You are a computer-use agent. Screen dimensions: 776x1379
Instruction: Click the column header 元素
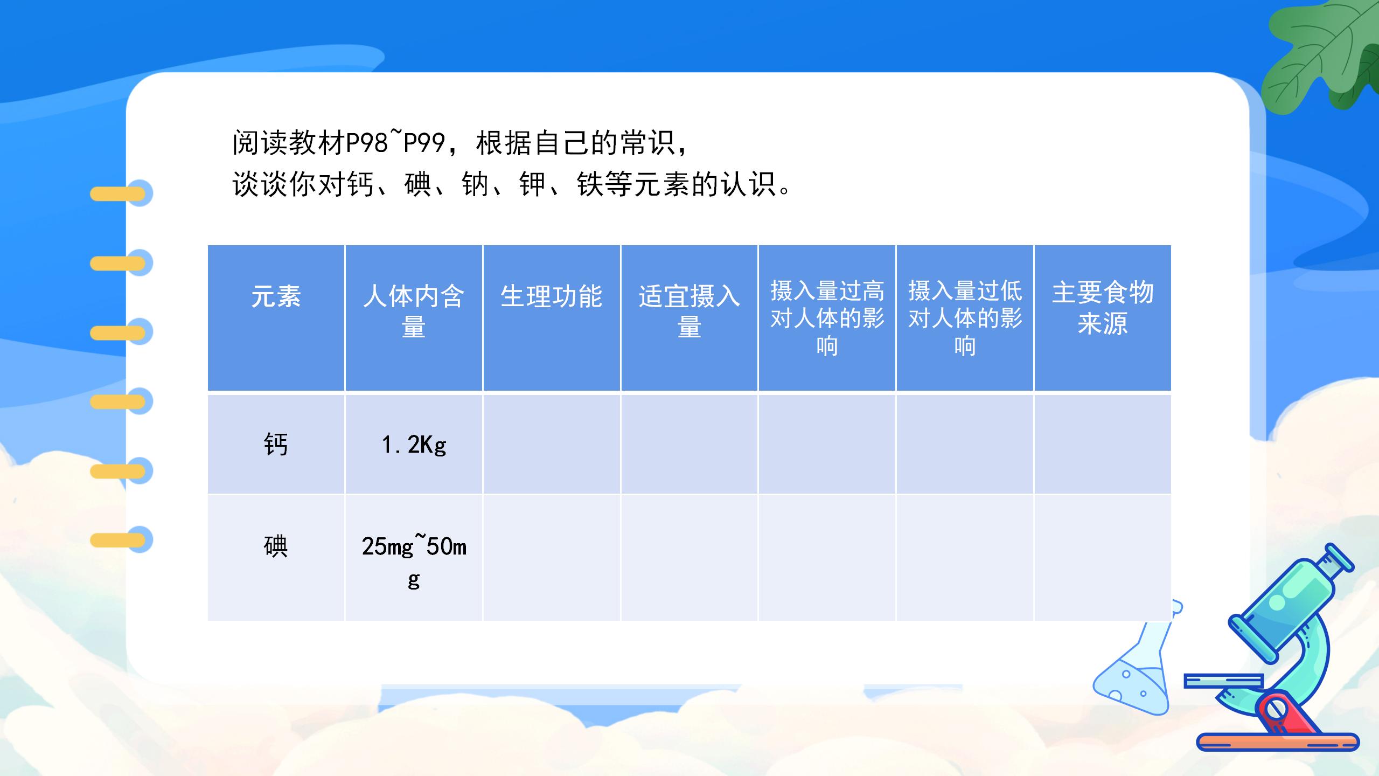[276, 296]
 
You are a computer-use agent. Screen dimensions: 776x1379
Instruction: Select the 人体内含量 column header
[413, 311]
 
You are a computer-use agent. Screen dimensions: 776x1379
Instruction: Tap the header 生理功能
[551, 296]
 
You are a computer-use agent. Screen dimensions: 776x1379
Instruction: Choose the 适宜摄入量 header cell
[689, 311]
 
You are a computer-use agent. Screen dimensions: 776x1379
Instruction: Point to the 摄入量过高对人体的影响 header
[827, 318]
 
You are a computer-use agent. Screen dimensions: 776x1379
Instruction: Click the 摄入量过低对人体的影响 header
[965, 318]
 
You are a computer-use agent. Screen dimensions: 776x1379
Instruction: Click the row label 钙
[276, 445]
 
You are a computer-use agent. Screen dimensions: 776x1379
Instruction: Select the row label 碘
[276, 546]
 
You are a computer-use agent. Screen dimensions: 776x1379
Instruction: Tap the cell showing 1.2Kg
[414, 445]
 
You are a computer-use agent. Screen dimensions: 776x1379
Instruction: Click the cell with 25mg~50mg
[414, 560]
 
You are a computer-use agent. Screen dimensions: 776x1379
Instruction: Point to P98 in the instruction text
[366, 143]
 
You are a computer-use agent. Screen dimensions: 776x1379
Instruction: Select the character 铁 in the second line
[590, 184]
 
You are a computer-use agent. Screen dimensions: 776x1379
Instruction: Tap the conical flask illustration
[1137, 679]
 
